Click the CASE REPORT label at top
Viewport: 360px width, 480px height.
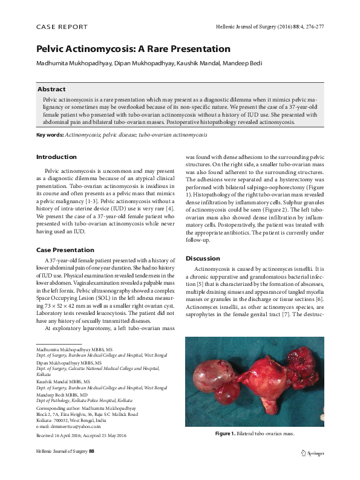coord(62,27)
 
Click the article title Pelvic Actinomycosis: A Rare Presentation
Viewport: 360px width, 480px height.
coord(134,48)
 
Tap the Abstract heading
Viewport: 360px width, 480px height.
coord(51,89)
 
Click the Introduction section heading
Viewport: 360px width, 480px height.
coord(56,157)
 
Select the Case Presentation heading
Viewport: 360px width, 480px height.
coord(65,250)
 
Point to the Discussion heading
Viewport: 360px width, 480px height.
coord(203,259)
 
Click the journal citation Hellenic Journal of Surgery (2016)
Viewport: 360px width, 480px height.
coord(261,27)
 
